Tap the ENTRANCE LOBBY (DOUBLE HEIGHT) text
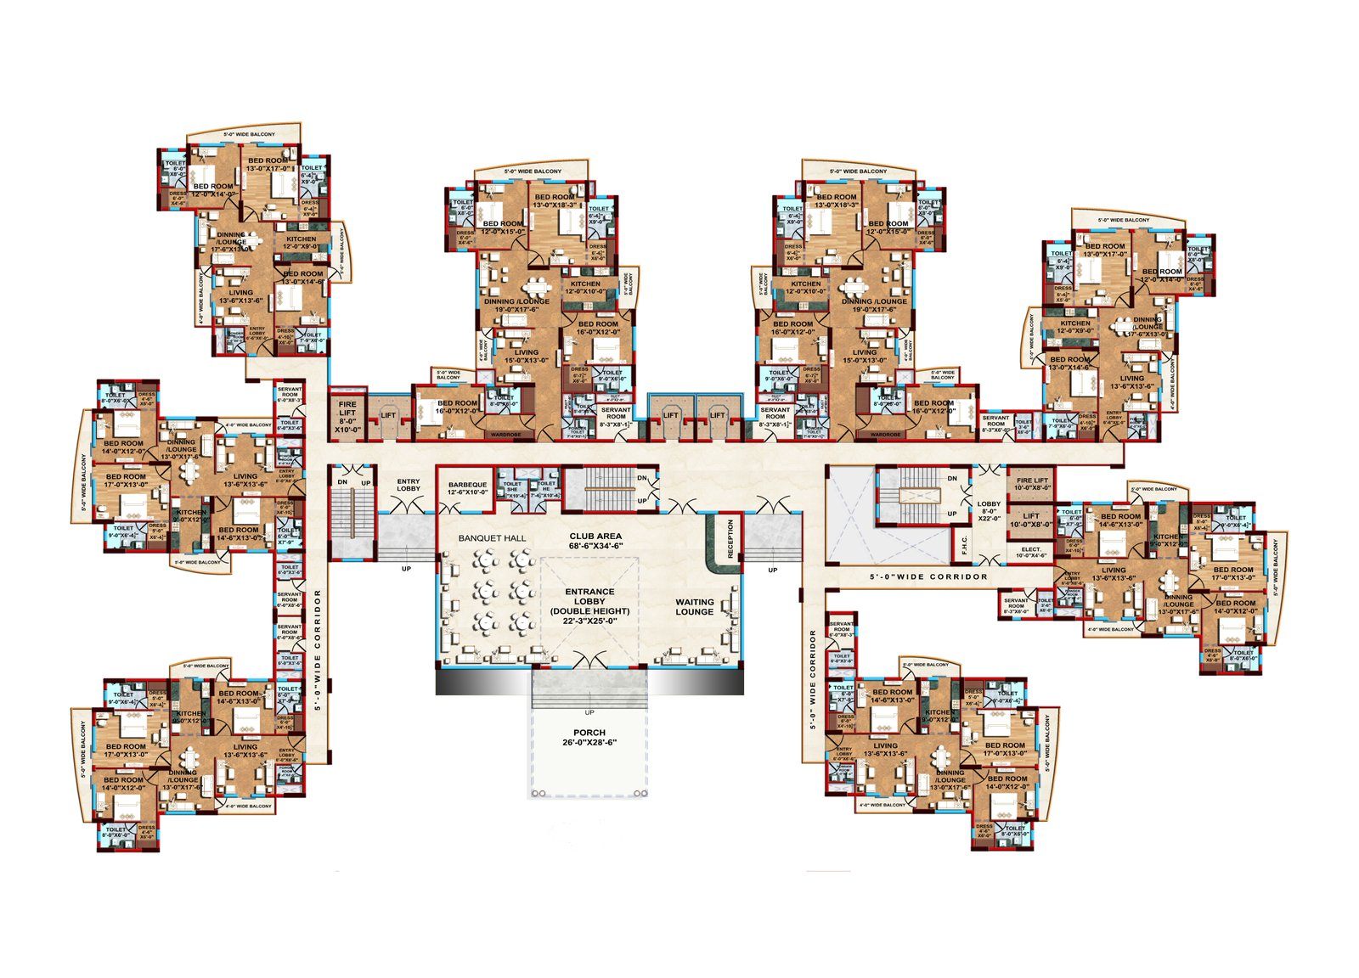[589, 606]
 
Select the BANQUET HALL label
[492, 538]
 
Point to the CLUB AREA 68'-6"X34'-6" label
[595, 541]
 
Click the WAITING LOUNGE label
[694, 607]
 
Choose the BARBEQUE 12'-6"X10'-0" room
[467, 488]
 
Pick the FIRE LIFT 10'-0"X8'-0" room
[1032, 484]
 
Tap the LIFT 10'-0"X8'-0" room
[1031, 520]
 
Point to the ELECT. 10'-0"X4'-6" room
[1031, 553]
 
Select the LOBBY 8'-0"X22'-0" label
[989, 510]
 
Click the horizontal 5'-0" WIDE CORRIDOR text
[928, 576]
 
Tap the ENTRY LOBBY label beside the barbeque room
[408, 485]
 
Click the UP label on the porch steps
[589, 712]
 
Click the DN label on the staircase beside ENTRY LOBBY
[342, 482]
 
